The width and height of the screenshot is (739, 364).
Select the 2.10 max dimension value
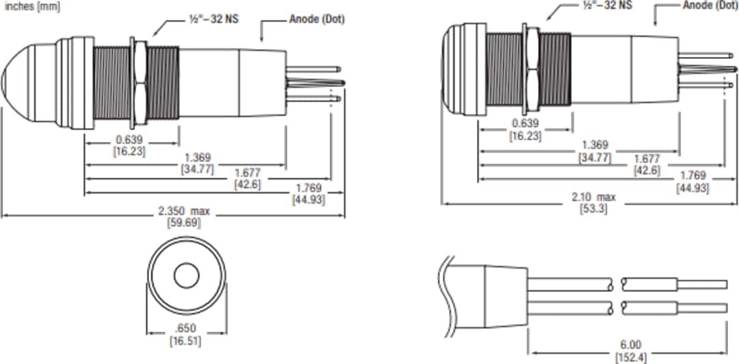(x=594, y=197)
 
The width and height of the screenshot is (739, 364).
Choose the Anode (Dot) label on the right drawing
(x=709, y=5)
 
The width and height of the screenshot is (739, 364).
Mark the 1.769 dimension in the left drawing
(x=309, y=189)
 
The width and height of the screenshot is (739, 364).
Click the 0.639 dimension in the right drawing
(x=526, y=123)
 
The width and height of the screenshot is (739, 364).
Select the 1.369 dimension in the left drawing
(x=198, y=157)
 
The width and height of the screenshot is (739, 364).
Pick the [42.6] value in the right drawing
(x=647, y=170)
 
